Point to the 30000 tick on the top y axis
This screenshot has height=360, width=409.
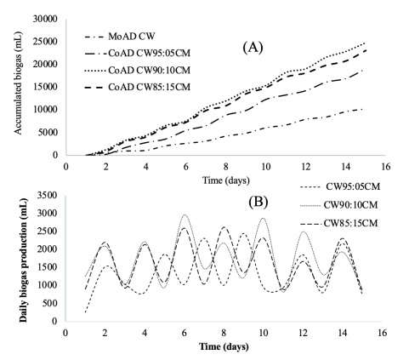[x=43, y=19]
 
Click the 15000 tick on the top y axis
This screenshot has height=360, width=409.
[x=43, y=87]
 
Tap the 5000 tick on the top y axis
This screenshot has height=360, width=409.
[x=46, y=132]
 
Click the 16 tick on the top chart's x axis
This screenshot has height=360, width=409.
[x=387, y=163]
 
